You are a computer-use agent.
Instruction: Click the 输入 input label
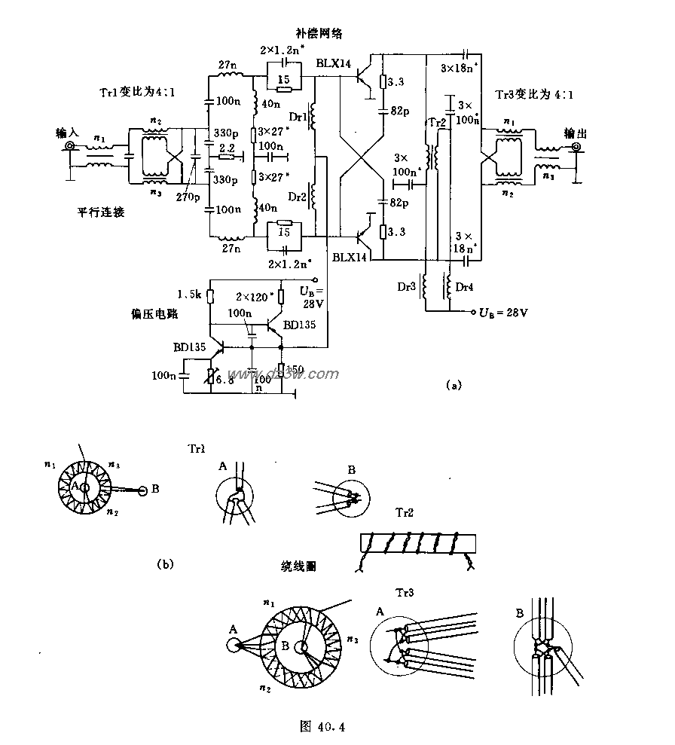pos(67,133)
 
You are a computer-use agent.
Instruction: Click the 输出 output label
pos(577,133)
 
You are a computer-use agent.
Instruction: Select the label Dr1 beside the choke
pos(298,118)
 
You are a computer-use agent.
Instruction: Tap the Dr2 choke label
pos(298,197)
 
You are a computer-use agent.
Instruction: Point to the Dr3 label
pos(408,285)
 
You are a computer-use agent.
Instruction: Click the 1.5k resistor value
pos(188,293)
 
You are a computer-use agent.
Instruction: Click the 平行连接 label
pos(99,212)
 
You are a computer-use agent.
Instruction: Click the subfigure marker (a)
pos(453,385)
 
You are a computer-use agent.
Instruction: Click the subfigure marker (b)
pos(165,562)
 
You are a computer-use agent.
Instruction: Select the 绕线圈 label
pos(300,565)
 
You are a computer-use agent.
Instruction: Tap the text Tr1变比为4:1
pos(138,93)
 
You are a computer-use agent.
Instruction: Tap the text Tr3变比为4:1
pos(536,96)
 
